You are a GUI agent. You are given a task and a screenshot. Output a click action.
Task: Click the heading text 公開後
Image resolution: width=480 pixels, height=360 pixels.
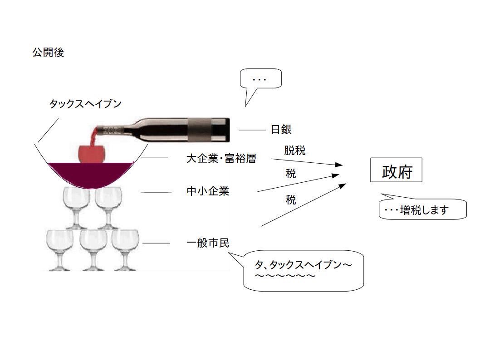click(x=48, y=53)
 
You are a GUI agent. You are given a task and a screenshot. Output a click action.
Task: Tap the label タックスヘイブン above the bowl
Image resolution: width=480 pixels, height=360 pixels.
click(x=85, y=104)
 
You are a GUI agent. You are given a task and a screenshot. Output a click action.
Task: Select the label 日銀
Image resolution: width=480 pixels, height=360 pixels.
click(x=281, y=130)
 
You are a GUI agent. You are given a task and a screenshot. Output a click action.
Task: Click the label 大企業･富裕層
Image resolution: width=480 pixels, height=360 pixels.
click(x=221, y=159)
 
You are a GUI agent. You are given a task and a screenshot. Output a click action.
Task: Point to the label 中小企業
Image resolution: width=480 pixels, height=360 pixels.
click(x=208, y=191)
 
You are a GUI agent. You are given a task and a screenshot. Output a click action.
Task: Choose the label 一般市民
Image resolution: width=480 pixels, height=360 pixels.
click(x=208, y=243)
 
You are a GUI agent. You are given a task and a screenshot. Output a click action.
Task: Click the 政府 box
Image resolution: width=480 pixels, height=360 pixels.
click(x=396, y=170)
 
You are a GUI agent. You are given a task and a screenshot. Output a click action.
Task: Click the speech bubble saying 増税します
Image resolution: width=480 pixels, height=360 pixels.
click(x=423, y=210)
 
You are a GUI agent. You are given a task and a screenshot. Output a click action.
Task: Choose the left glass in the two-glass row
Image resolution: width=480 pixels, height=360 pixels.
click(x=76, y=206)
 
